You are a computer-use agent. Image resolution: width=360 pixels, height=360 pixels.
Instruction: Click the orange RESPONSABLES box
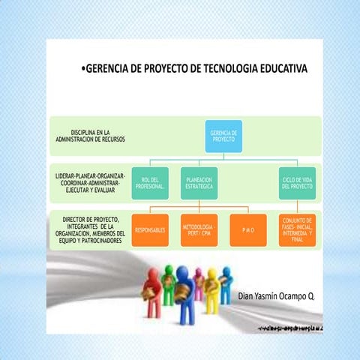pyautogui.click(x=149, y=230)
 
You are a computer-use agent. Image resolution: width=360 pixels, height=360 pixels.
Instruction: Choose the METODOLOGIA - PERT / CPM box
pyautogui.click(x=199, y=229)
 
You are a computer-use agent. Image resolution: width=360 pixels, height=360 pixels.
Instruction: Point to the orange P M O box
pyautogui.click(x=248, y=230)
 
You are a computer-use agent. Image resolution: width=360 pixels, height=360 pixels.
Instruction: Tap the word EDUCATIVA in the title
pyautogui.click(x=280, y=69)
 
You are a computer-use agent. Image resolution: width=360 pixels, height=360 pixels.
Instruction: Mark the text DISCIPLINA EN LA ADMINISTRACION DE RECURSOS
pyautogui.click(x=91, y=136)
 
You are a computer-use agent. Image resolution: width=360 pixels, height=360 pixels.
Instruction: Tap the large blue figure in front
pyautogui.click(x=184, y=300)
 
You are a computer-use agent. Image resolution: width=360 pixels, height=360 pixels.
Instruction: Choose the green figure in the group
pyautogui.click(x=212, y=289)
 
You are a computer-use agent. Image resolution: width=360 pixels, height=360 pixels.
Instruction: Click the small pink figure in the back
pyautogui.click(x=198, y=280)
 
